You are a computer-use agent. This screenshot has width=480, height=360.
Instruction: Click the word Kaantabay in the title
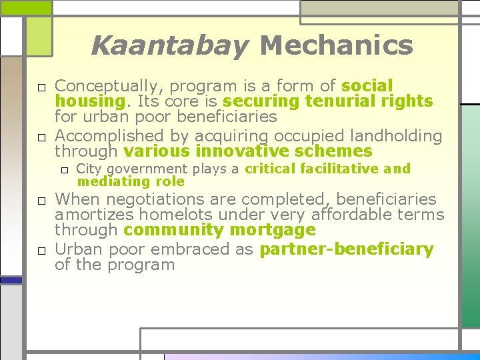[169, 46]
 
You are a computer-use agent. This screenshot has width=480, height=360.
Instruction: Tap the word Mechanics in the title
[336, 45]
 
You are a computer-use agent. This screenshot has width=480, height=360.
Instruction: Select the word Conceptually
[111, 87]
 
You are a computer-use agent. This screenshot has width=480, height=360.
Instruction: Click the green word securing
[262, 101]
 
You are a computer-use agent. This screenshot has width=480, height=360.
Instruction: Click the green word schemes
[339, 151]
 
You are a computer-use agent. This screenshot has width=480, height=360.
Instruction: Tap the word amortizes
[95, 215]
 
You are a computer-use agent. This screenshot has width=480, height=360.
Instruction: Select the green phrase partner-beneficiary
[347, 250]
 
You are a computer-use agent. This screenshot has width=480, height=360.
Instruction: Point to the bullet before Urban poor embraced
[41, 251]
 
